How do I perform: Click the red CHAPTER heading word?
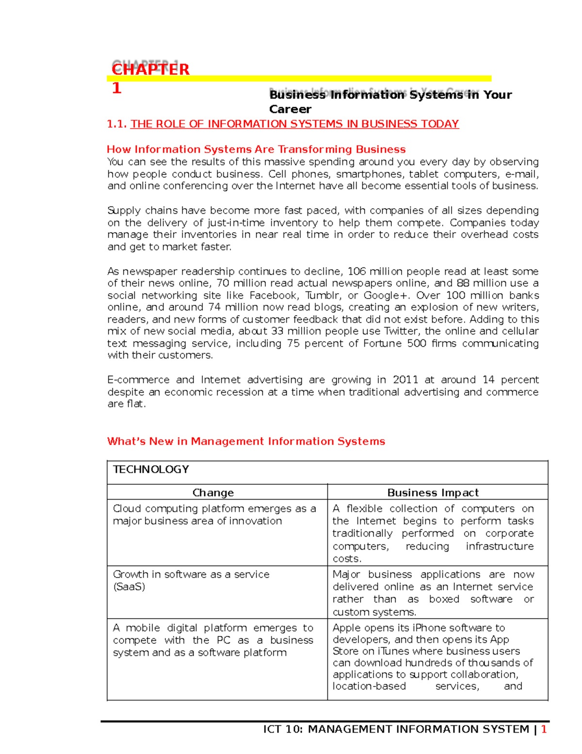point(150,69)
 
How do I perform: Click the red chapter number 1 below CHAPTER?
point(116,88)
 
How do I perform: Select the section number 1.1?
point(117,124)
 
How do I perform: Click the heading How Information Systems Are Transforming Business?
point(256,150)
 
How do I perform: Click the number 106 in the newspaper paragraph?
point(357,271)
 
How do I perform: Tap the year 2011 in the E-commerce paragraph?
point(405,380)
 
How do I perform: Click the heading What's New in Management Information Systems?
point(246,441)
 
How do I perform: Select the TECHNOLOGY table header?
point(151,469)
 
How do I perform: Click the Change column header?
point(213,493)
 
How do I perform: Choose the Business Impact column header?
point(433,493)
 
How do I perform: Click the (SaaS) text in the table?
point(129,586)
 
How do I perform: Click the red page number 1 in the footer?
point(544,729)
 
